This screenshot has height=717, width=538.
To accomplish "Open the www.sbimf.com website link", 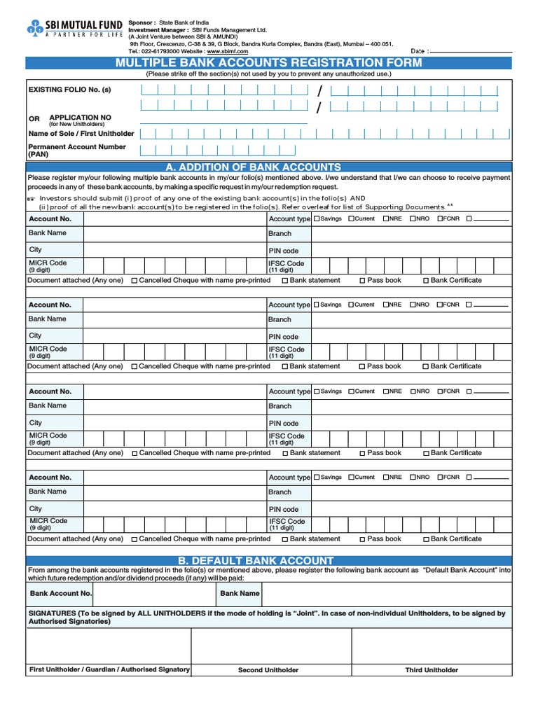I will pos(228,51).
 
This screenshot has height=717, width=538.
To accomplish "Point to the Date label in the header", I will pos(418,51).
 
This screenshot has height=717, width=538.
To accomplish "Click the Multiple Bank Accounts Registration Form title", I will pos(269,63).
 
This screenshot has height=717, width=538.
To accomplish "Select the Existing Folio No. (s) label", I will pos(69,90).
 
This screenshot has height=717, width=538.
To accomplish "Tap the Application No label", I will pos(80,118).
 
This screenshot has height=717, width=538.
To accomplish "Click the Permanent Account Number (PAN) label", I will pos(77,151).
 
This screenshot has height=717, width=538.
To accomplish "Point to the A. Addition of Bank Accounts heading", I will pos(254,167).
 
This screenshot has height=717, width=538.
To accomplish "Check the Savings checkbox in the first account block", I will pos(317,218).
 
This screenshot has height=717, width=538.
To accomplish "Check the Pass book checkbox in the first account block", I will pos(362,281).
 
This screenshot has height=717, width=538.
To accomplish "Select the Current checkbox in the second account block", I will pos(351,305).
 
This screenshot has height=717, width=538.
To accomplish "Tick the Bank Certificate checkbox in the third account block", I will pos(426,453).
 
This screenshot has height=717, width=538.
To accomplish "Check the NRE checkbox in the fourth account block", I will pos(386,478).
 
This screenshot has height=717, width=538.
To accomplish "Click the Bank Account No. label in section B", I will pos(61,593).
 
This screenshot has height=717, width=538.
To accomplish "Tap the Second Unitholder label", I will pos(268,670).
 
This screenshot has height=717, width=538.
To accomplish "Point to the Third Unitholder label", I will pos(432,670).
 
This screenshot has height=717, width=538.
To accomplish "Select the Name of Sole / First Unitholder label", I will pos(81,133).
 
